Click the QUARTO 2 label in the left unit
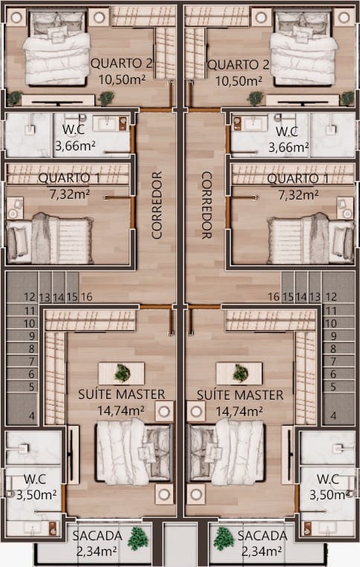coord(121,63)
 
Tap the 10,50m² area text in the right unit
coord(239,80)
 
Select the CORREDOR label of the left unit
coord(156,205)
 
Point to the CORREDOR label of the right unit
coord(206,205)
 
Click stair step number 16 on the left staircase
coord(86,297)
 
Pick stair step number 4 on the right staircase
coord(333,416)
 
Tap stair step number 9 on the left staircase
coord(32,336)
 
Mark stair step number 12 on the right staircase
coord(331,297)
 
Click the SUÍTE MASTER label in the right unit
coord(240,395)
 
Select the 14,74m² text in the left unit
coord(120,411)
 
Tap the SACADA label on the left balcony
coord(97,536)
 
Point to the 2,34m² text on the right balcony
coord(262,551)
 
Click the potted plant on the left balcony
coord(138,538)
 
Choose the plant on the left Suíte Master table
coord(122,374)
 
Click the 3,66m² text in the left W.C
coord(75,146)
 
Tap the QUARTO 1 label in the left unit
coord(69,178)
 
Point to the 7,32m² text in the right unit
coord(298,195)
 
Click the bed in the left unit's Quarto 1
coord(50,238)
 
